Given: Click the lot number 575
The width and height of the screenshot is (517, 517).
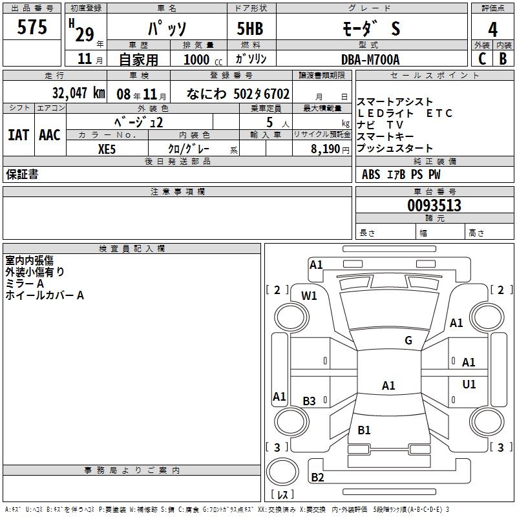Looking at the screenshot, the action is click(x=33, y=27).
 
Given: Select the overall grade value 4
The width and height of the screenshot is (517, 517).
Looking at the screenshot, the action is click(x=493, y=29).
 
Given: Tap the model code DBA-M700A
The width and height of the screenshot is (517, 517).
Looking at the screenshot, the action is click(x=370, y=59).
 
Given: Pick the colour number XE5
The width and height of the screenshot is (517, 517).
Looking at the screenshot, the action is click(x=107, y=148).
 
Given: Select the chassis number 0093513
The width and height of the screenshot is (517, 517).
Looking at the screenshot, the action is click(x=434, y=206).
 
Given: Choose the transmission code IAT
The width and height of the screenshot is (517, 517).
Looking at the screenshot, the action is click(x=18, y=135).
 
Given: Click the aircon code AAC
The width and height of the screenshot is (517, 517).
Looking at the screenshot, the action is click(x=49, y=135).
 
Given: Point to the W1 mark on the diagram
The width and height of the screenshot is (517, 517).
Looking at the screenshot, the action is click(x=310, y=296).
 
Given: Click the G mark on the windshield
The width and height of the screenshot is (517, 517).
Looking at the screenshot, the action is click(x=408, y=341).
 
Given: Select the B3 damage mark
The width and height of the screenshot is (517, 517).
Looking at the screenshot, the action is click(x=310, y=401).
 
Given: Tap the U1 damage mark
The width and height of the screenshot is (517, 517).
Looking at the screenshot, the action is click(x=469, y=385).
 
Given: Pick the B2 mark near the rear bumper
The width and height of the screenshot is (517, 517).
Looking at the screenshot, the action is click(x=317, y=478).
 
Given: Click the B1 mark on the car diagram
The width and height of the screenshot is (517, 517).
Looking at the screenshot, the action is click(x=364, y=430).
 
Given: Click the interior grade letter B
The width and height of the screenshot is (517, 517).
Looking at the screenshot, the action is click(x=503, y=59).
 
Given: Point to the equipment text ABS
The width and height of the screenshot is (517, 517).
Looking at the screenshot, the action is click(x=371, y=174).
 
